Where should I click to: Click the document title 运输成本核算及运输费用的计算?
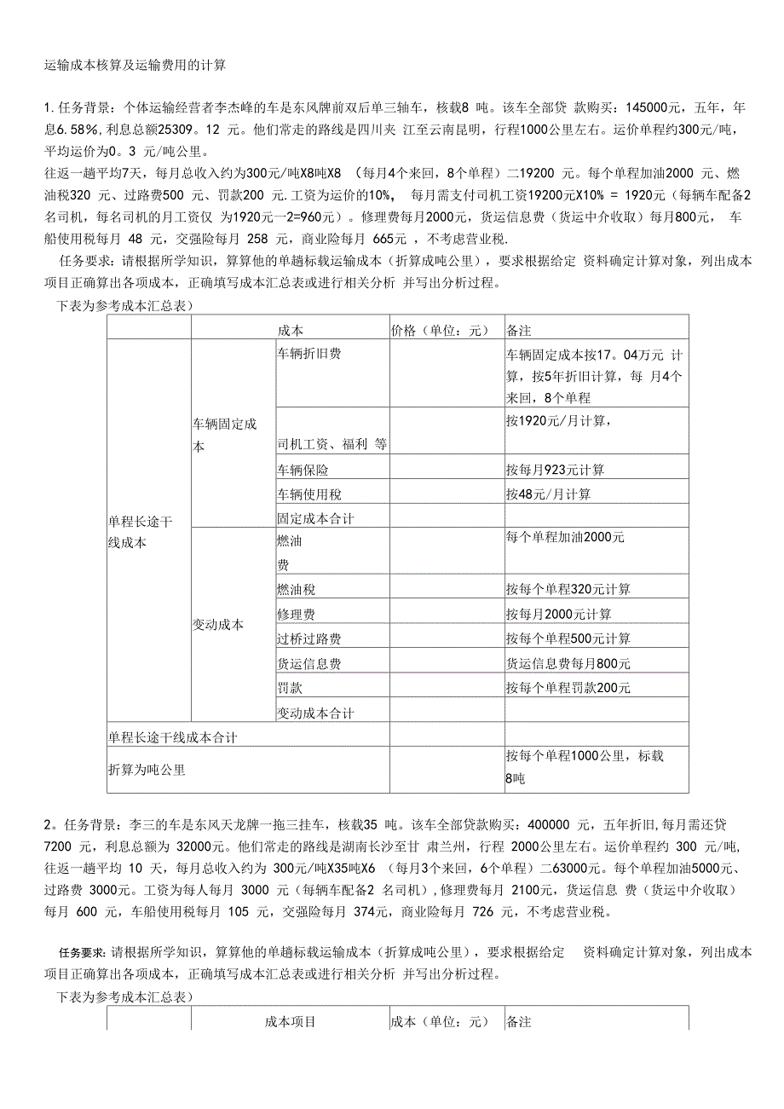pos(135,65)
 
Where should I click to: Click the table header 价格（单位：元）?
pos(436,330)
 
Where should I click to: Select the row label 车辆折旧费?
pos(308,354)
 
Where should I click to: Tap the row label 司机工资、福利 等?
pos(331,443)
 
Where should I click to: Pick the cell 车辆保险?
pos(303,470)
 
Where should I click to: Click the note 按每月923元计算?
pos(555,470)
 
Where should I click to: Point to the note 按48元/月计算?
pos(548,494)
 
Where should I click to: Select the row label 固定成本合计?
pos(315,517)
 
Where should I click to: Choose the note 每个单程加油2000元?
pos(565,538)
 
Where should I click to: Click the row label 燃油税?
pos(296,589)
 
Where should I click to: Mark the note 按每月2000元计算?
pos(558,614)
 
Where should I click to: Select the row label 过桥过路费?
pos(308,638)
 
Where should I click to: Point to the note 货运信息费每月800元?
pos(568,663)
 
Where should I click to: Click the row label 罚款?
pos(290,687)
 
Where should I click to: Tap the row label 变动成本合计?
pos(315,712)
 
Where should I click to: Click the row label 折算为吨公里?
pos(147,769)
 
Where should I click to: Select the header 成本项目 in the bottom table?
pos(291,1021)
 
